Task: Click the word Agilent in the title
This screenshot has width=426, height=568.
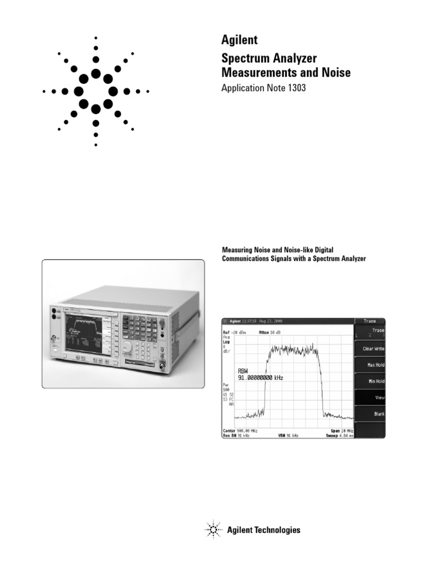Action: click(x=239, y=40)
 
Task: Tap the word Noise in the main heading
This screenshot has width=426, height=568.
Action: click(x=334, y=72)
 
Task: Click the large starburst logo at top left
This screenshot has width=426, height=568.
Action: click(x=96, y=90)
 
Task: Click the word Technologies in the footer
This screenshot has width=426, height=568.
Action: click(x=277, y=530)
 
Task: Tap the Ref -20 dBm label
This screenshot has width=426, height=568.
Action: click(x=234, y=332)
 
